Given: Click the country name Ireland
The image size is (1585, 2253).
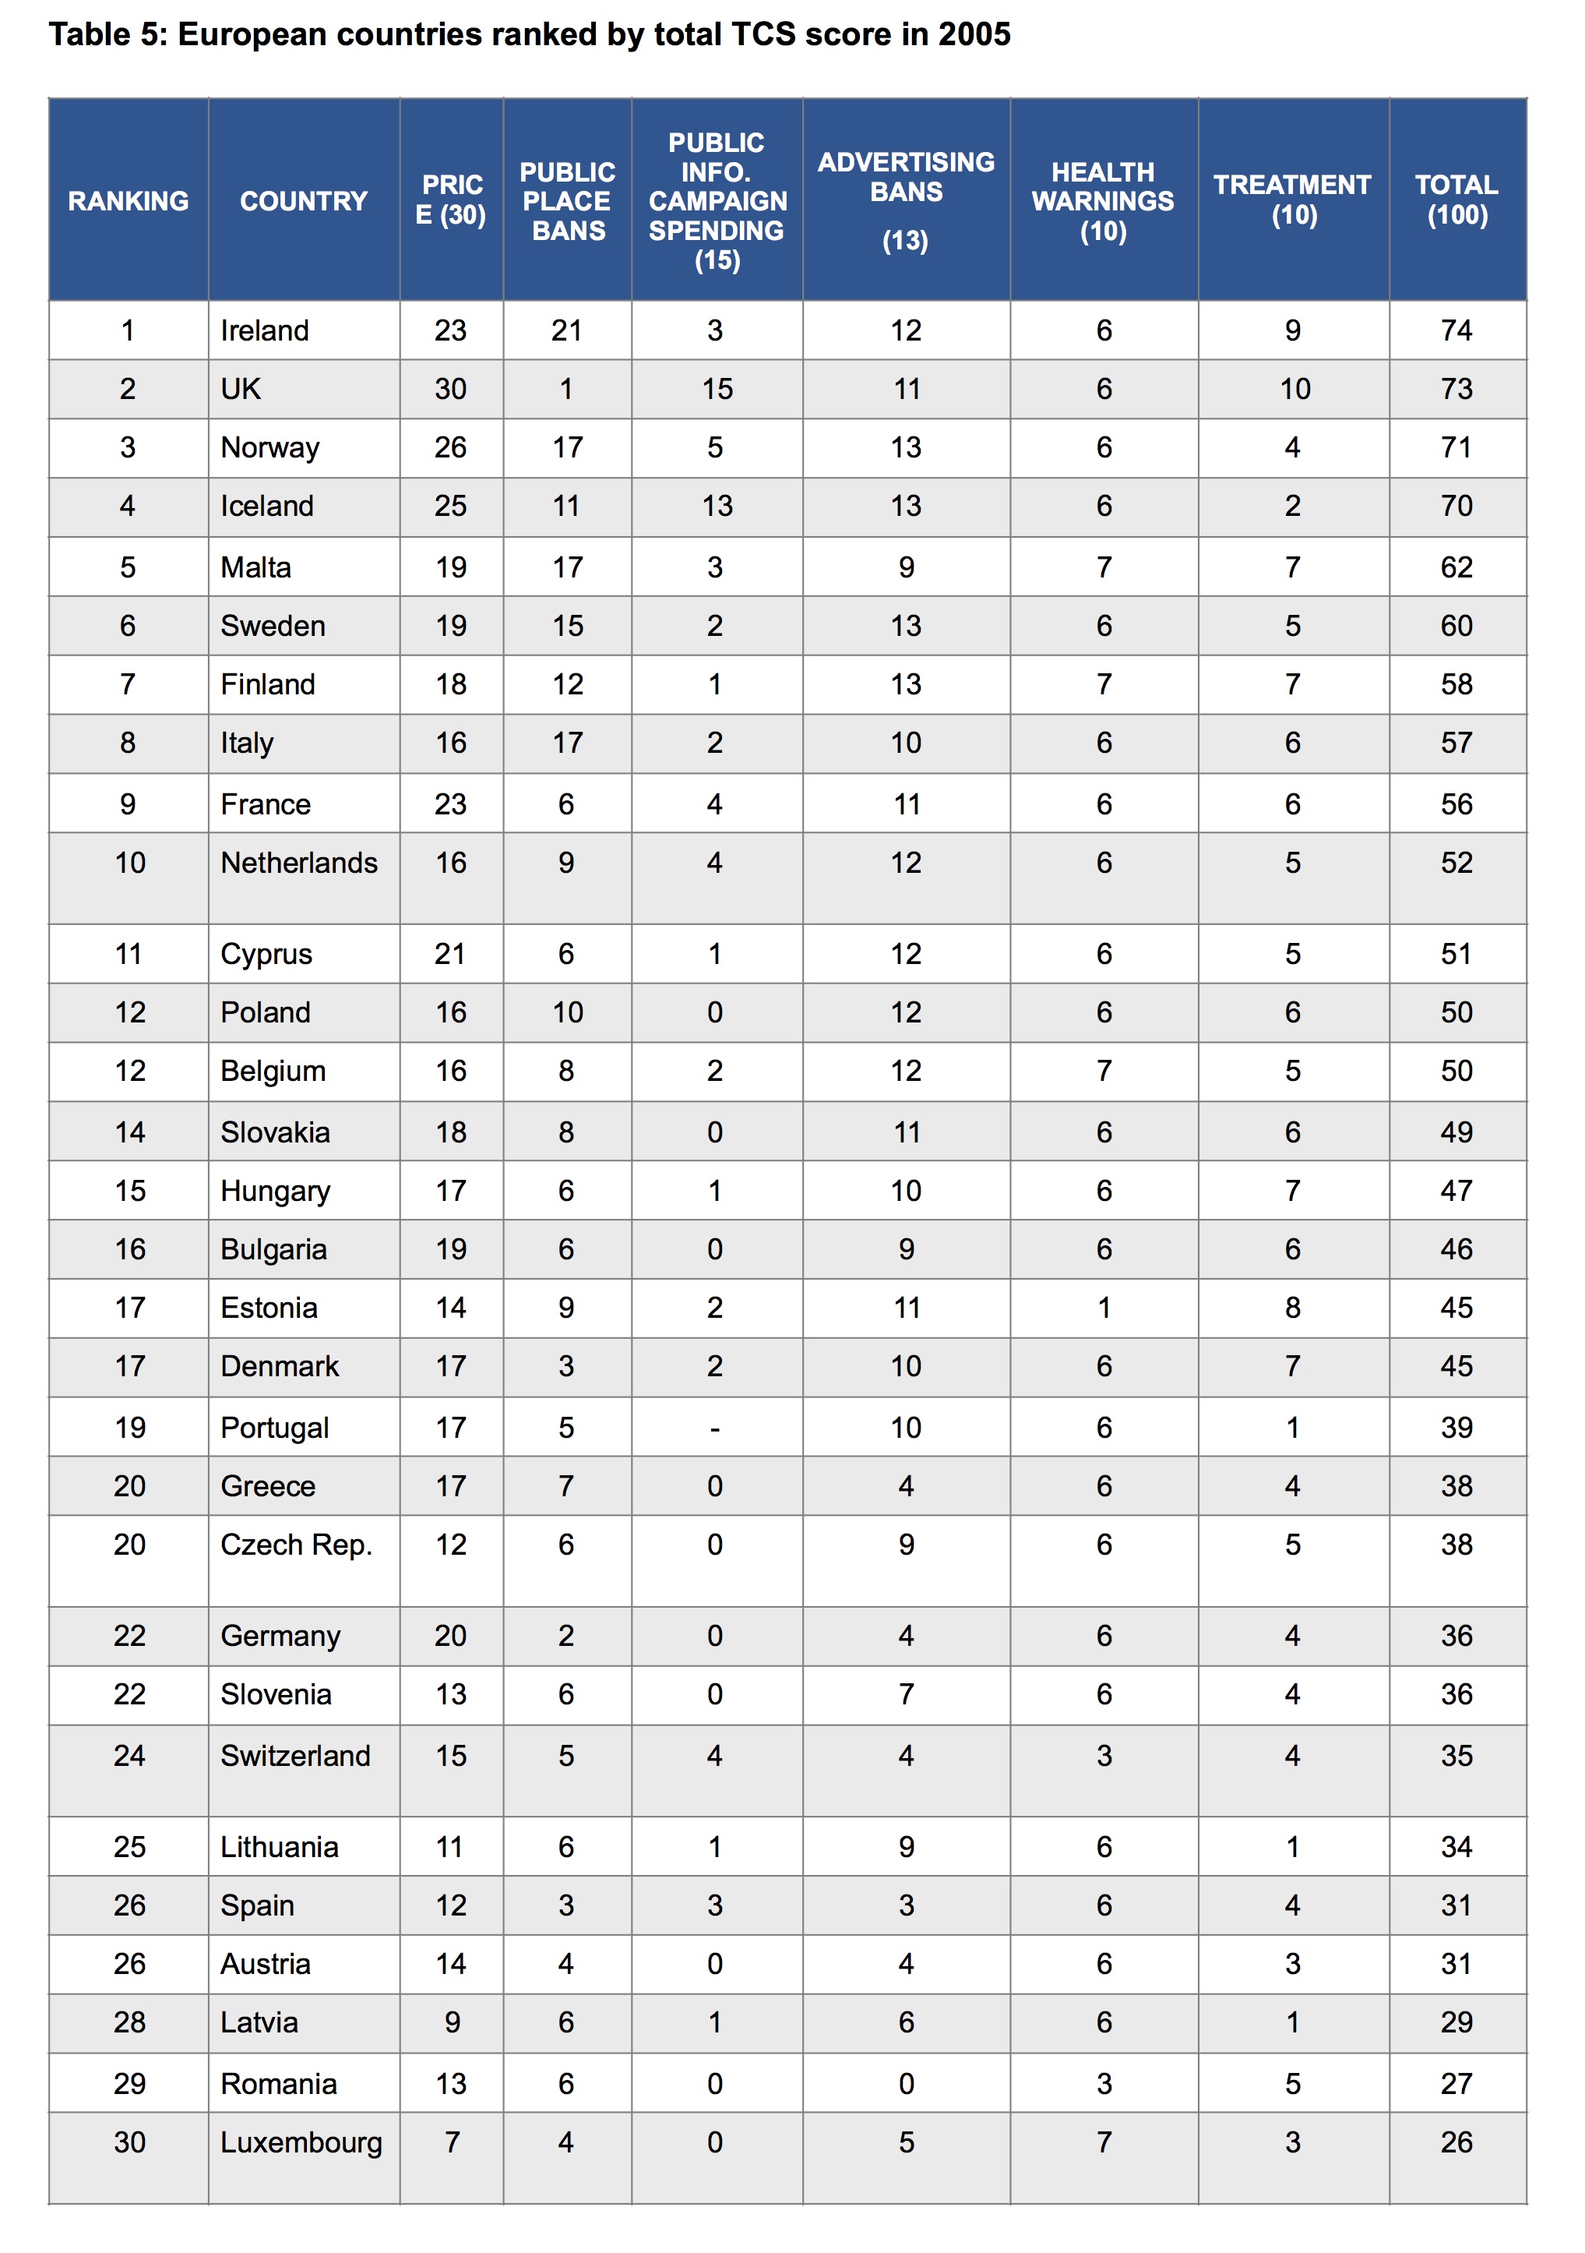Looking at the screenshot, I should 264,330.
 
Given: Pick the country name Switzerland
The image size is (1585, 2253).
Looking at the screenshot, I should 295,1756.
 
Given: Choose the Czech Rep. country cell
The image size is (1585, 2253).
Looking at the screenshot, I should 296,1545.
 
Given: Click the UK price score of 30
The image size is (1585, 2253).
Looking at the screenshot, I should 450,389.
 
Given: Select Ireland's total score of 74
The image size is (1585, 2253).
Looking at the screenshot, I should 1456,330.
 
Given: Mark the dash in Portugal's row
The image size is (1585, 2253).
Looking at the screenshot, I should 715,1428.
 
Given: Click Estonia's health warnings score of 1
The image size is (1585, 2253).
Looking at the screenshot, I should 1104,1308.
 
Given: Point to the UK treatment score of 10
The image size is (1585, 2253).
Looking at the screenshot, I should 1294,389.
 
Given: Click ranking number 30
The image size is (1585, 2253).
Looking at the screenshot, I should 129,2142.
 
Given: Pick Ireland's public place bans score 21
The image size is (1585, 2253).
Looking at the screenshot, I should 566,330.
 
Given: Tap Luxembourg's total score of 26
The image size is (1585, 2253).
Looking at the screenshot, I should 1456,2142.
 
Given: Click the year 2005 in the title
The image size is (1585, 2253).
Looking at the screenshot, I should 974,34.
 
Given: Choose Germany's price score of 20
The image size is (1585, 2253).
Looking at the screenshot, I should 450,1636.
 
